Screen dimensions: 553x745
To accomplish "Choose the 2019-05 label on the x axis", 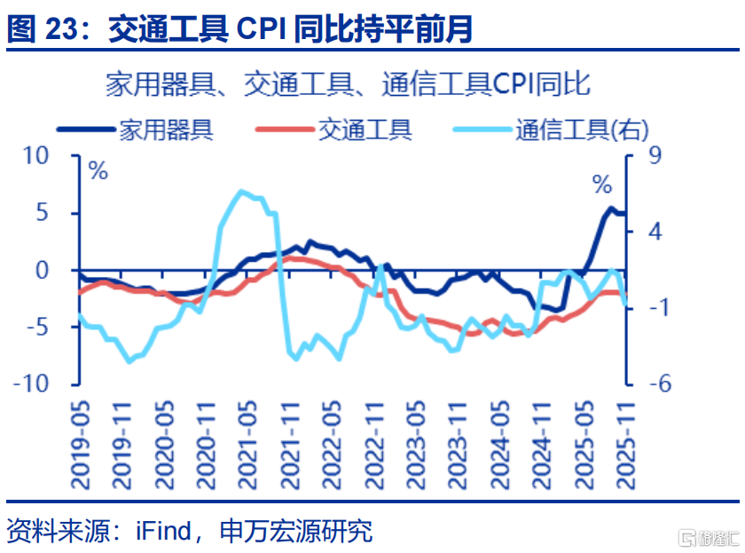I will [x=81, y=443].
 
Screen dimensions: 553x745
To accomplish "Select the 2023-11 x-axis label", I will [x=457, y=443].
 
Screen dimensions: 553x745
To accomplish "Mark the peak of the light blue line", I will [x=241, y=192].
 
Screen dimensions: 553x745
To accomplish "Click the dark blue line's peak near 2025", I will [x=611, y=209].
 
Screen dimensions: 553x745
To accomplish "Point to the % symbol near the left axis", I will [x=98, y=171].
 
